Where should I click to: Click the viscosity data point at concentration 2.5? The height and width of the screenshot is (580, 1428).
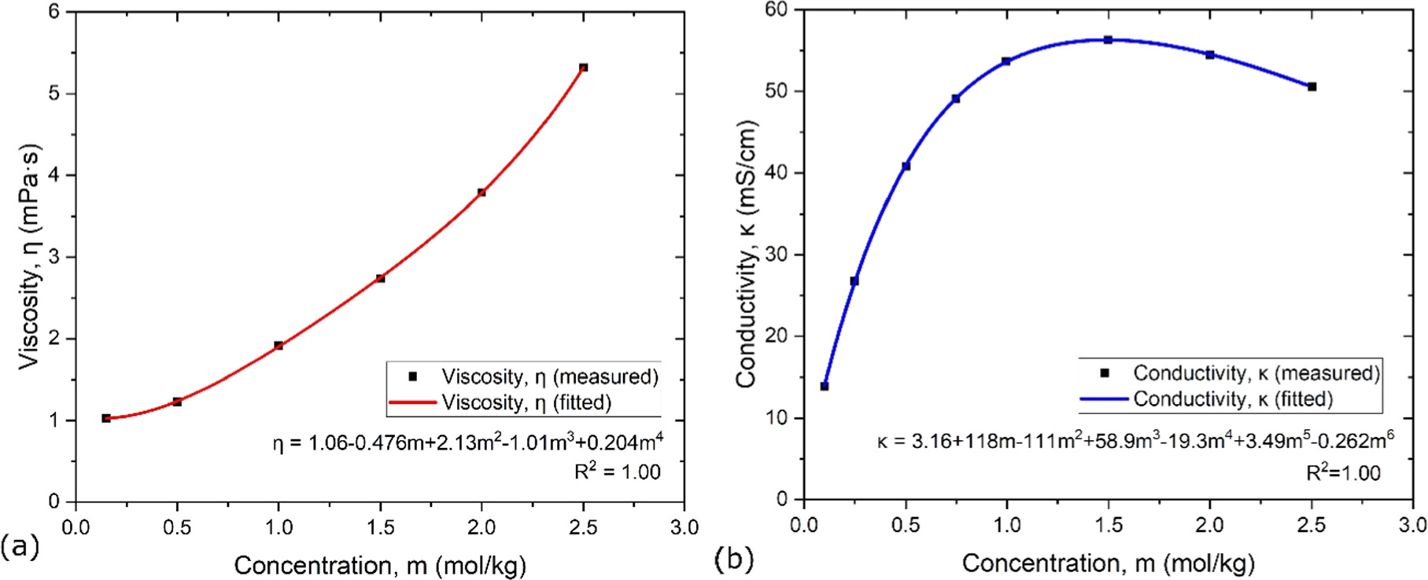[x=583, y=68]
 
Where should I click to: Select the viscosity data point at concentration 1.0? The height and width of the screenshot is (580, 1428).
[x=279, y=345]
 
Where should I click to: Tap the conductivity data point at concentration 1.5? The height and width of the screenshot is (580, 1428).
[x=1108, y=39]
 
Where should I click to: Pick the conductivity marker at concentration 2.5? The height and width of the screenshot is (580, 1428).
[x=1312, y=86]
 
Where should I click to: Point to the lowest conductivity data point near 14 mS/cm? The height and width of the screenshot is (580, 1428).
[x=825, y=386]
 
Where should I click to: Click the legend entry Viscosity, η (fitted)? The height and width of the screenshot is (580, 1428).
[x=526, y=402]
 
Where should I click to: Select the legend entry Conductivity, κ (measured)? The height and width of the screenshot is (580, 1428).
[x=1256, y=373]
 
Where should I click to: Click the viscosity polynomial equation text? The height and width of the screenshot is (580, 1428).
[x=467, y=442]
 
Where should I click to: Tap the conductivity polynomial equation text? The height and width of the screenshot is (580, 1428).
[x=1135, y=441]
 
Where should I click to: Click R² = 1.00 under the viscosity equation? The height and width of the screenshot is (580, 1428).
[x=617, y=472]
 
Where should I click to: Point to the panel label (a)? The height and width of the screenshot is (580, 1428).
[x=20, y=545]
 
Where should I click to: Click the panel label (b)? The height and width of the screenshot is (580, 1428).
[x=733, y=559]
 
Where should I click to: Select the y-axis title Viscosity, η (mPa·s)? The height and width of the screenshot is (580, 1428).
[x=29, y=255]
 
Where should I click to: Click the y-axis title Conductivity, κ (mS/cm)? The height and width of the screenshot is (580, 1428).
[x=746, y=253]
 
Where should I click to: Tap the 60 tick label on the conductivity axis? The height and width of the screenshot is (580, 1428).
[x=777, y=10]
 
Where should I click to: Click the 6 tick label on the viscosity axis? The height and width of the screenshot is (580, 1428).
[x=54, y=12]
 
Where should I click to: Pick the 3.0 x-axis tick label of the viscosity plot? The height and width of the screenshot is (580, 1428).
[x=684, y=527]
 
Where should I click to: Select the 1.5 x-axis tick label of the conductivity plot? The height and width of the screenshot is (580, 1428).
[x=1108, y=525]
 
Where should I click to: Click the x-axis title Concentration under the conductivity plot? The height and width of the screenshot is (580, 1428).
[x=1108, y=563]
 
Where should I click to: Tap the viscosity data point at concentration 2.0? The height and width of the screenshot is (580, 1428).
[x=482, y=192]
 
